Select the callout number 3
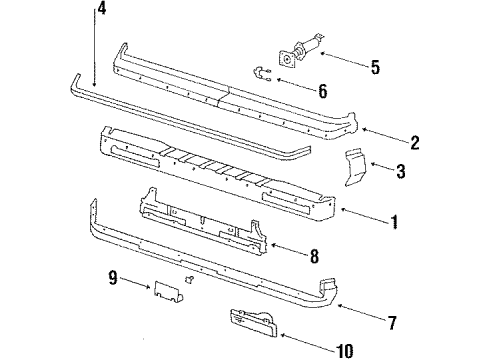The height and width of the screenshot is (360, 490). point(400,171)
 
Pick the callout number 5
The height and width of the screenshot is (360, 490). point(374,68)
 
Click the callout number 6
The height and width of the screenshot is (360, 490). point(322,91)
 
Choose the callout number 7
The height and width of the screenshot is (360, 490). point(391,322)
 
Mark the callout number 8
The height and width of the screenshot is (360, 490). point(314,257)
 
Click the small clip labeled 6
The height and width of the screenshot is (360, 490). point(262,74)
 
